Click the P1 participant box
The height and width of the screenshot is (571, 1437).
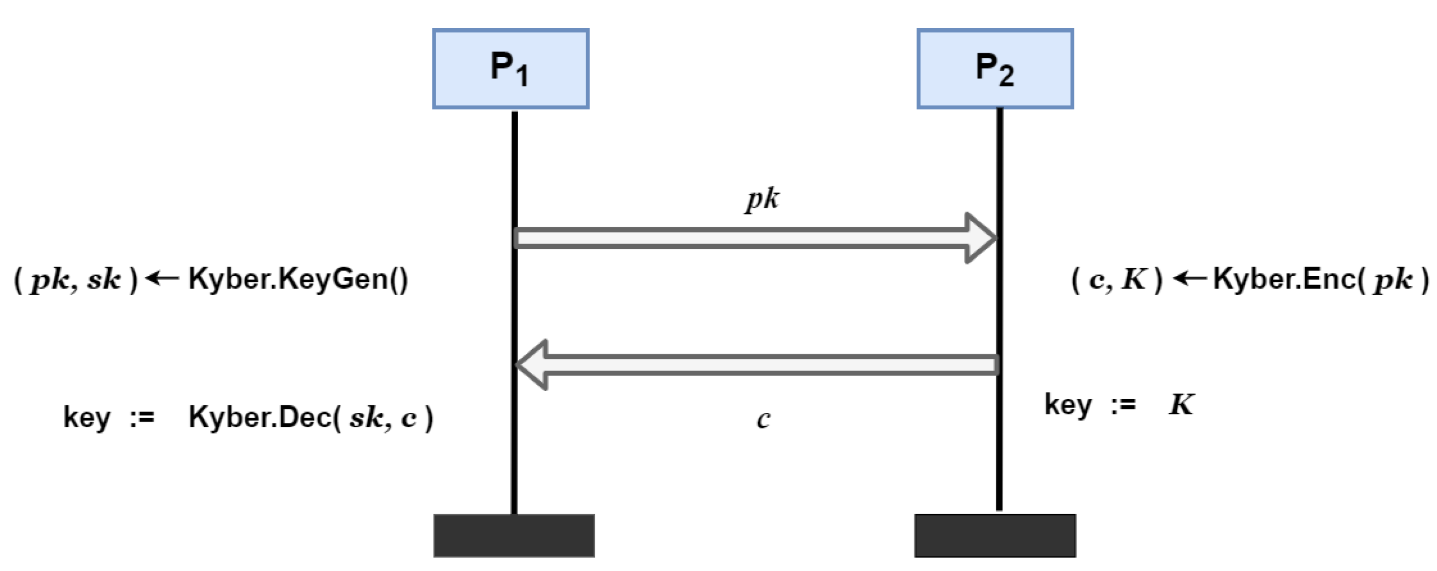(510, 69)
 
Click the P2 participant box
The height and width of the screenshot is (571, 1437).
(995, 69)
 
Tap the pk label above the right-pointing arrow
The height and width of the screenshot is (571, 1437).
(762, 200)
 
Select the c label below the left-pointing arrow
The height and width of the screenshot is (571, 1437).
(763, 419)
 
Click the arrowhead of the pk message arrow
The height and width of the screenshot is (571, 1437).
(982, 238)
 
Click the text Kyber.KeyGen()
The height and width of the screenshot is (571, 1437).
(298, 279)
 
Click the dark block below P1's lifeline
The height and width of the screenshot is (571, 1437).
(514, 535)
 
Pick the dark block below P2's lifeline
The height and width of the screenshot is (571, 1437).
(995, 535)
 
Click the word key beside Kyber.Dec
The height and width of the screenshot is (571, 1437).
(87, 418)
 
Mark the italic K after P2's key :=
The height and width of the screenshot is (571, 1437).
(1181, 404)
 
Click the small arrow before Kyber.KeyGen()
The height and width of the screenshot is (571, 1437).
(162, 278)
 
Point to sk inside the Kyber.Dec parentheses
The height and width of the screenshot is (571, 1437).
(366, 418)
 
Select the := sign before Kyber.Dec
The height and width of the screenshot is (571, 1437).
(142, 418)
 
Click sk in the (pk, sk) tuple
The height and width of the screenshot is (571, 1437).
(104, 279)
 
